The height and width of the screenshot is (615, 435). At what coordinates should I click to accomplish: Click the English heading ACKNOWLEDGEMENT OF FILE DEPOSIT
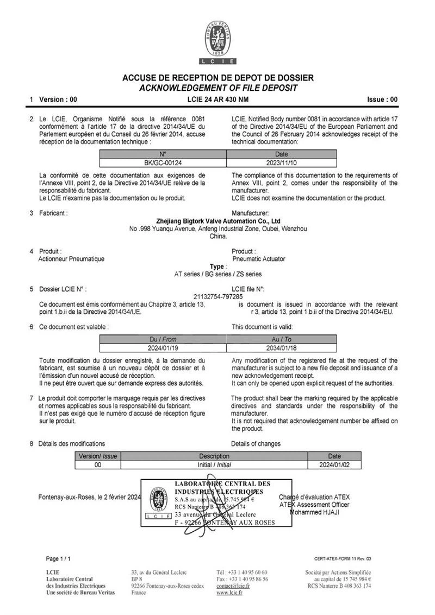click(x=218, y=88)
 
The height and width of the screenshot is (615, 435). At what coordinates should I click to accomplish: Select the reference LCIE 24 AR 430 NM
click(x=217, y=100)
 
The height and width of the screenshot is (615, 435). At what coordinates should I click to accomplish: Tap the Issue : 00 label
click(x=383, y=100)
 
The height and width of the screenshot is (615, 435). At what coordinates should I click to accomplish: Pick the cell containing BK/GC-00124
click(x=163, y=162)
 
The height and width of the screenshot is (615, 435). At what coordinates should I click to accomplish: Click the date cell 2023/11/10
click(x=281, y=162)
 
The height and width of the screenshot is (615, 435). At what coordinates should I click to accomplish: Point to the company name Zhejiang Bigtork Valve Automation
click(x=218, y=221)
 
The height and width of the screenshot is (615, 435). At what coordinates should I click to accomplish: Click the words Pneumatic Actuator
click(x=258, y=259)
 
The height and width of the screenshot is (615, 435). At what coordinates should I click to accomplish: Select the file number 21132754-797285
click(x=218, y=296)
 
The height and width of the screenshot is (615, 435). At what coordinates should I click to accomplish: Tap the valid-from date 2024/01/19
click(x=163, y=347)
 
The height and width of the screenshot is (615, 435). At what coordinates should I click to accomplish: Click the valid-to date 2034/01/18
click(x=281, y=347)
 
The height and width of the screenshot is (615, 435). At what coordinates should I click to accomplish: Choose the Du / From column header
click(x=163, y=339)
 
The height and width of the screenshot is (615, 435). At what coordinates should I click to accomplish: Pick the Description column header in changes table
click(x=214, y=456)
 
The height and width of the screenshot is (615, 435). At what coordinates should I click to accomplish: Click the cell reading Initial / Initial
click(x=214, y=465)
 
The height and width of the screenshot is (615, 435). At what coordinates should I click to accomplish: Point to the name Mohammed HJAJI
click(x=314, y=512)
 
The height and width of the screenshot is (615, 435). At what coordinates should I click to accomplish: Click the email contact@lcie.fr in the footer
click(x=233, y=586)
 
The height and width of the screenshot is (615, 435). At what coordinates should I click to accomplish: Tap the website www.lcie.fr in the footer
click(x=229, y=593)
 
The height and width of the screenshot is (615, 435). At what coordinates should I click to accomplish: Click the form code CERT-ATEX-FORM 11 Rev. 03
click(x=343, y=558)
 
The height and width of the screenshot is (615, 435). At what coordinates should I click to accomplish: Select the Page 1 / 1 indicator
click(x=58, y=558)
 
